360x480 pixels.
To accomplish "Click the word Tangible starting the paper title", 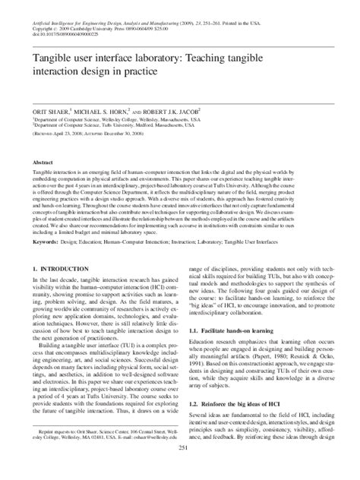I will click(49, 58).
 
